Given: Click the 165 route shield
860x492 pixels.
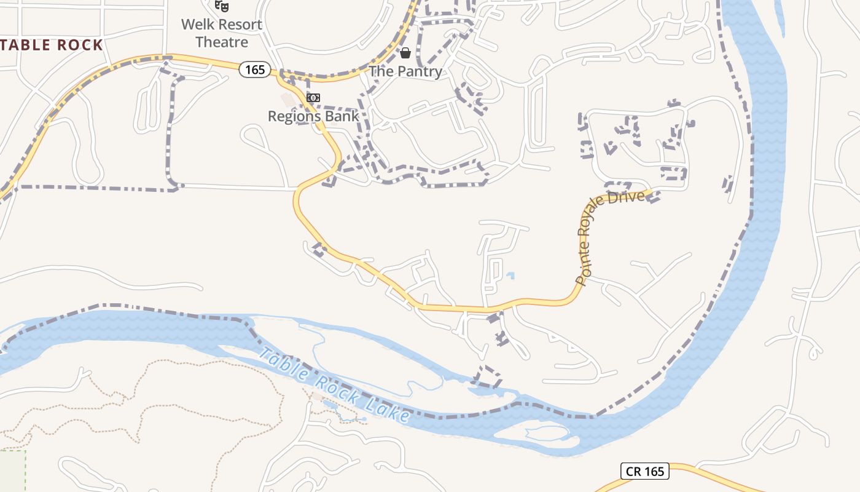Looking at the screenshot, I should [255, 69].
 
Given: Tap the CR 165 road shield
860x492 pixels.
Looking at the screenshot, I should [645, 472].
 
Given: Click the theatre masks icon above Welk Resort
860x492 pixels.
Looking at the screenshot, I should [222, 6].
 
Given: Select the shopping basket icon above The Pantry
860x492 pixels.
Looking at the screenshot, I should [405, 53].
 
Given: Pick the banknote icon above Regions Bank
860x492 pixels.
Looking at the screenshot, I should [313, 98].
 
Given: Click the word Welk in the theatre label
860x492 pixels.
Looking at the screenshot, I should [196, 25].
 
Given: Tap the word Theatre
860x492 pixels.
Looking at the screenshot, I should [222, 42].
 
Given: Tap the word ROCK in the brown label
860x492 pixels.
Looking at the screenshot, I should [80, 45].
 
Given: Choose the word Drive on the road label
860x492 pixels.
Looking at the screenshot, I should [628, 198].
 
